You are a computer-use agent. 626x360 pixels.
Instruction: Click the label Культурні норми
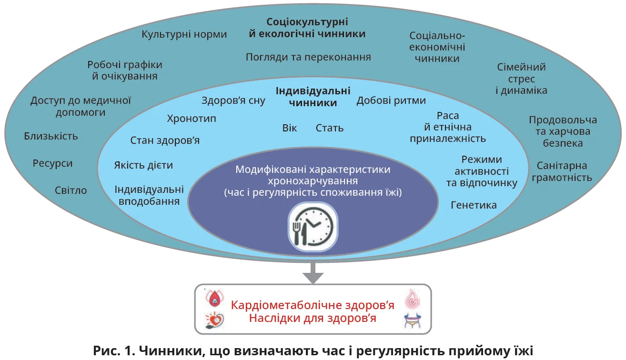pyautogui.click(x=184, y=35)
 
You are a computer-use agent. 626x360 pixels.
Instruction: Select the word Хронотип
pyautogui.click(x=192, y=119)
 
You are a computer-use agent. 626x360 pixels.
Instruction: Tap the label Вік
pyautogui.click(x=290, y=129)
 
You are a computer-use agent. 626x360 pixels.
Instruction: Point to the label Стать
pyautogui.click(x=330, y=129)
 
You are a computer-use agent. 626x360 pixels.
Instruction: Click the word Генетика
pyautogui.click(x=474, y=205)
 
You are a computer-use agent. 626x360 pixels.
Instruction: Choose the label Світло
pyautogui.click(x=71, y=190)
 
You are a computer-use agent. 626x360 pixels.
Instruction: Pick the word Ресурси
pyautogui.click(x=53, y=163)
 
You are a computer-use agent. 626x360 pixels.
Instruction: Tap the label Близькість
pyautogui.click(x=51, y=136)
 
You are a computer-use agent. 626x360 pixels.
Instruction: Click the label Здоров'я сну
pyautogui.click(x=233, y=101)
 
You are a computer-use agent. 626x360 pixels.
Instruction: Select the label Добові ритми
pyautogui.click(x=391, y=101)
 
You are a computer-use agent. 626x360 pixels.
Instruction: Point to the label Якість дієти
pyautogui.click(x=143, y=166)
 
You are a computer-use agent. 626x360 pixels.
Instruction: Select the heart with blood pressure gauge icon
pyautogui.click(x=212, y=320)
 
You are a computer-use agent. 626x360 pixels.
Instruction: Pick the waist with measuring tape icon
pyautogui.click(x=413, y=320)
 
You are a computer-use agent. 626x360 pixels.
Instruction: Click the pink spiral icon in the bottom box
pyautogui.click(x=413, y=299)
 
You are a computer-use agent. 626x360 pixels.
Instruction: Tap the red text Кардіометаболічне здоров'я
pyautogui.click(x=313, y=305)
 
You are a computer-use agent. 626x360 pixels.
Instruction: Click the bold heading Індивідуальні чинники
pyautogui.click(x=313, y=96)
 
